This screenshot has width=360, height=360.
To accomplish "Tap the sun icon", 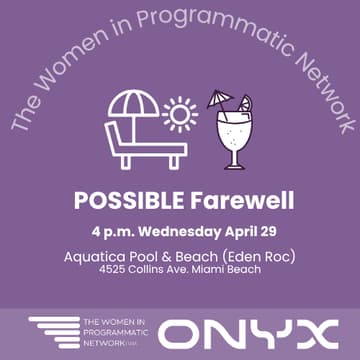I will (182, 114).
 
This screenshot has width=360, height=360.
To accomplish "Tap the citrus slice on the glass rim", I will (245, 104).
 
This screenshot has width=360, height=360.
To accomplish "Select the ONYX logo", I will (250, 334).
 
